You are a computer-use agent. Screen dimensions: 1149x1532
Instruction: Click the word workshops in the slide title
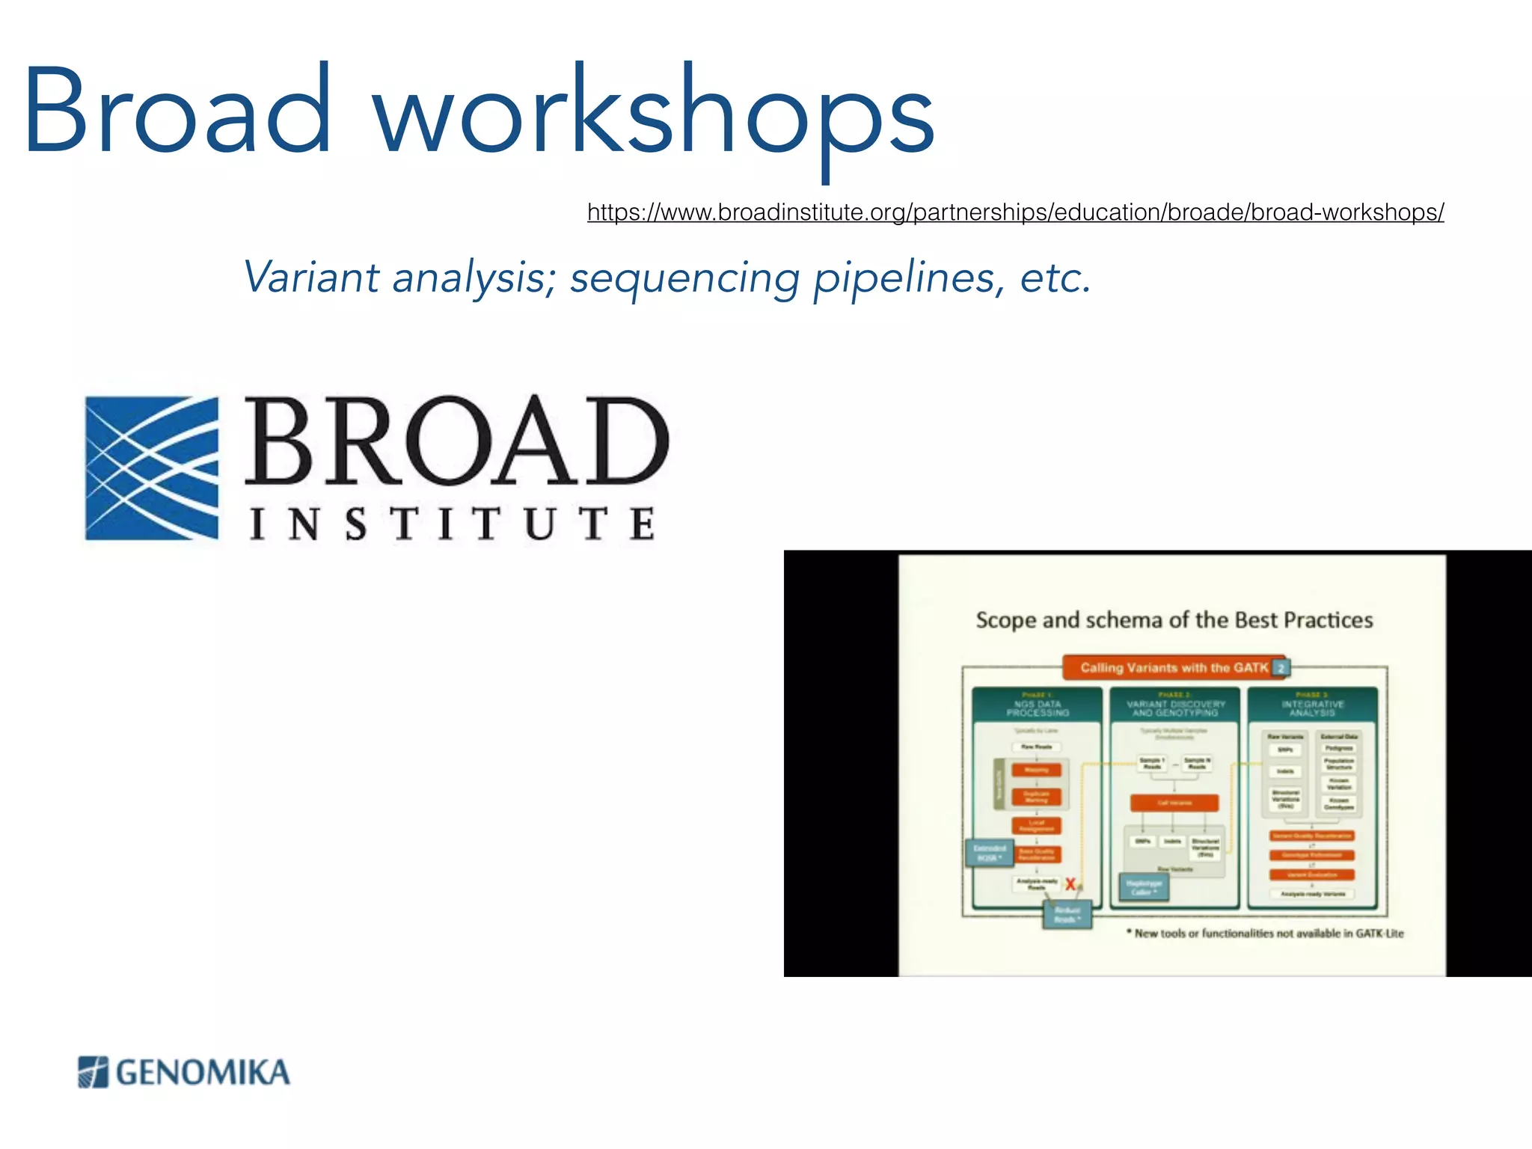[653, 112]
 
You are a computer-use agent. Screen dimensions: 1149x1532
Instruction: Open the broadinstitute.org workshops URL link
[1015, 212]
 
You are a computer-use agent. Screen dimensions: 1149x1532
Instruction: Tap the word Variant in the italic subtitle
[311, 277]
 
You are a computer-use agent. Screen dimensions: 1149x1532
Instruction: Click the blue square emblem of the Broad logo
[152, 468]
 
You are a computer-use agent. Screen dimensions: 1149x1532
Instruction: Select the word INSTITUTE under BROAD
[453, 523]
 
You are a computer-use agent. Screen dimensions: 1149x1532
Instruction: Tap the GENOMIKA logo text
[203, 1073]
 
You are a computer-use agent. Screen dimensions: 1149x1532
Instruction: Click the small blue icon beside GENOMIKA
[93, 1072]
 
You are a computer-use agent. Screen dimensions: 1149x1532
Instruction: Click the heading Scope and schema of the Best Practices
[1174, 620]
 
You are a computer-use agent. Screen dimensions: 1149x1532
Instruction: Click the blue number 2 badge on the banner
[1281, 668]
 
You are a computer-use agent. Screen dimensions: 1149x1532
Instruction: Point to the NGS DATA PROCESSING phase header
[1037, 706]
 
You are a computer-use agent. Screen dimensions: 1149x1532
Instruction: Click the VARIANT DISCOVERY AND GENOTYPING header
[1175, 706]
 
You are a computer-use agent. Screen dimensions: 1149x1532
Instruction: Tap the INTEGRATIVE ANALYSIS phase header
[1312, 706]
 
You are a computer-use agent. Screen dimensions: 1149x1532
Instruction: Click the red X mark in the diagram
[1070, 884]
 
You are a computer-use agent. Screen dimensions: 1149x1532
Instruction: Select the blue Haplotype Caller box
[1143, 888]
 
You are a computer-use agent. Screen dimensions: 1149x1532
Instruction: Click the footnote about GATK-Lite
[1267, 934]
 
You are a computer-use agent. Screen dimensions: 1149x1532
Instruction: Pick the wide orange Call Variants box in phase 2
[1174, 803]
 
